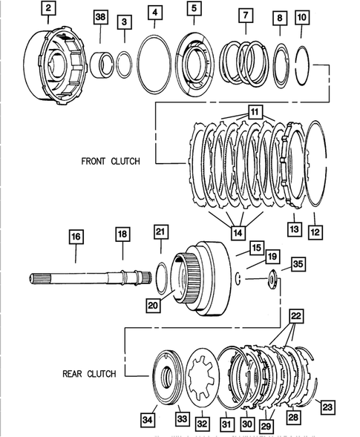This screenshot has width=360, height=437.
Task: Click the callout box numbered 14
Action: click(237, 233)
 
